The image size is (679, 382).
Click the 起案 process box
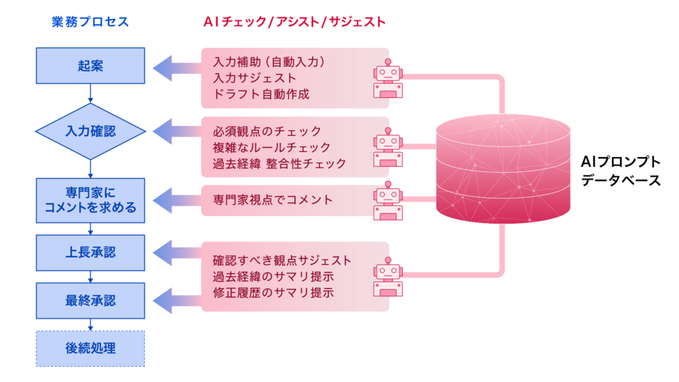point(91,66)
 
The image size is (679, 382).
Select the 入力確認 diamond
point(91,131)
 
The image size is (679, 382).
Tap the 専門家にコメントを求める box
point(91,200)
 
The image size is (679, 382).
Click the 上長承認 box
point(91,252)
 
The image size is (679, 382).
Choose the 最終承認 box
point(91,300)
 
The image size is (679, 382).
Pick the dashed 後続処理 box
point(91,348)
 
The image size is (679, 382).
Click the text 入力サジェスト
point(254,78)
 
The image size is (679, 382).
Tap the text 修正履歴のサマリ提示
point(273,292)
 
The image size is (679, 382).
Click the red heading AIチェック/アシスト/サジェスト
point(294,23)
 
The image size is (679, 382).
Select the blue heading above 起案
point(91,23)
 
